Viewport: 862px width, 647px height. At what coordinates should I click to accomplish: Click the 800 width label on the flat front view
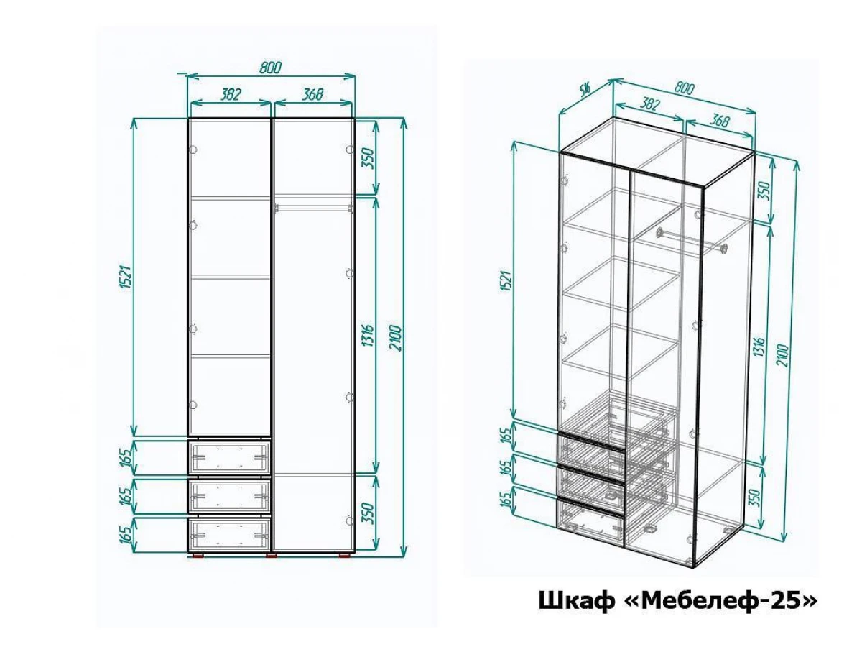[271, 68]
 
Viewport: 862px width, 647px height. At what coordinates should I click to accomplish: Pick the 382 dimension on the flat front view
[230, 94]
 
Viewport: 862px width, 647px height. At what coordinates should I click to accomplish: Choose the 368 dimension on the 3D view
[719, 120]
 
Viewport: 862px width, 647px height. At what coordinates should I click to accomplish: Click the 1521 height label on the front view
[124, 277]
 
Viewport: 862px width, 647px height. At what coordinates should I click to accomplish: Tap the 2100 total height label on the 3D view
[782, 355]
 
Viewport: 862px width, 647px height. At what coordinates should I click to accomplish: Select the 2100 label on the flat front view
[396, 338]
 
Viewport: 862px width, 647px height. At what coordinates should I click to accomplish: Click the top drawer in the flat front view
[229, 457]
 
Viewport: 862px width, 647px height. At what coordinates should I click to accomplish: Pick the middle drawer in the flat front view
[229, 495]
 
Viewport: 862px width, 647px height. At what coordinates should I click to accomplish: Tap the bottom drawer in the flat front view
[229, 534]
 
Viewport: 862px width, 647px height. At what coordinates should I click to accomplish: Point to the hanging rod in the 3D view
[691, 240]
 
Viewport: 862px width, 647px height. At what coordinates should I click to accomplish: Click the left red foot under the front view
[198, 556]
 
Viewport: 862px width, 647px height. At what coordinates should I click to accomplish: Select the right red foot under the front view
[345, 556]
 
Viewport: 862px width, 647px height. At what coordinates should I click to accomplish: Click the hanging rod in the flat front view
[313, 207]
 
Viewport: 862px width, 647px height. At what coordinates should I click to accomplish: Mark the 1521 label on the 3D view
[506, 280]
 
